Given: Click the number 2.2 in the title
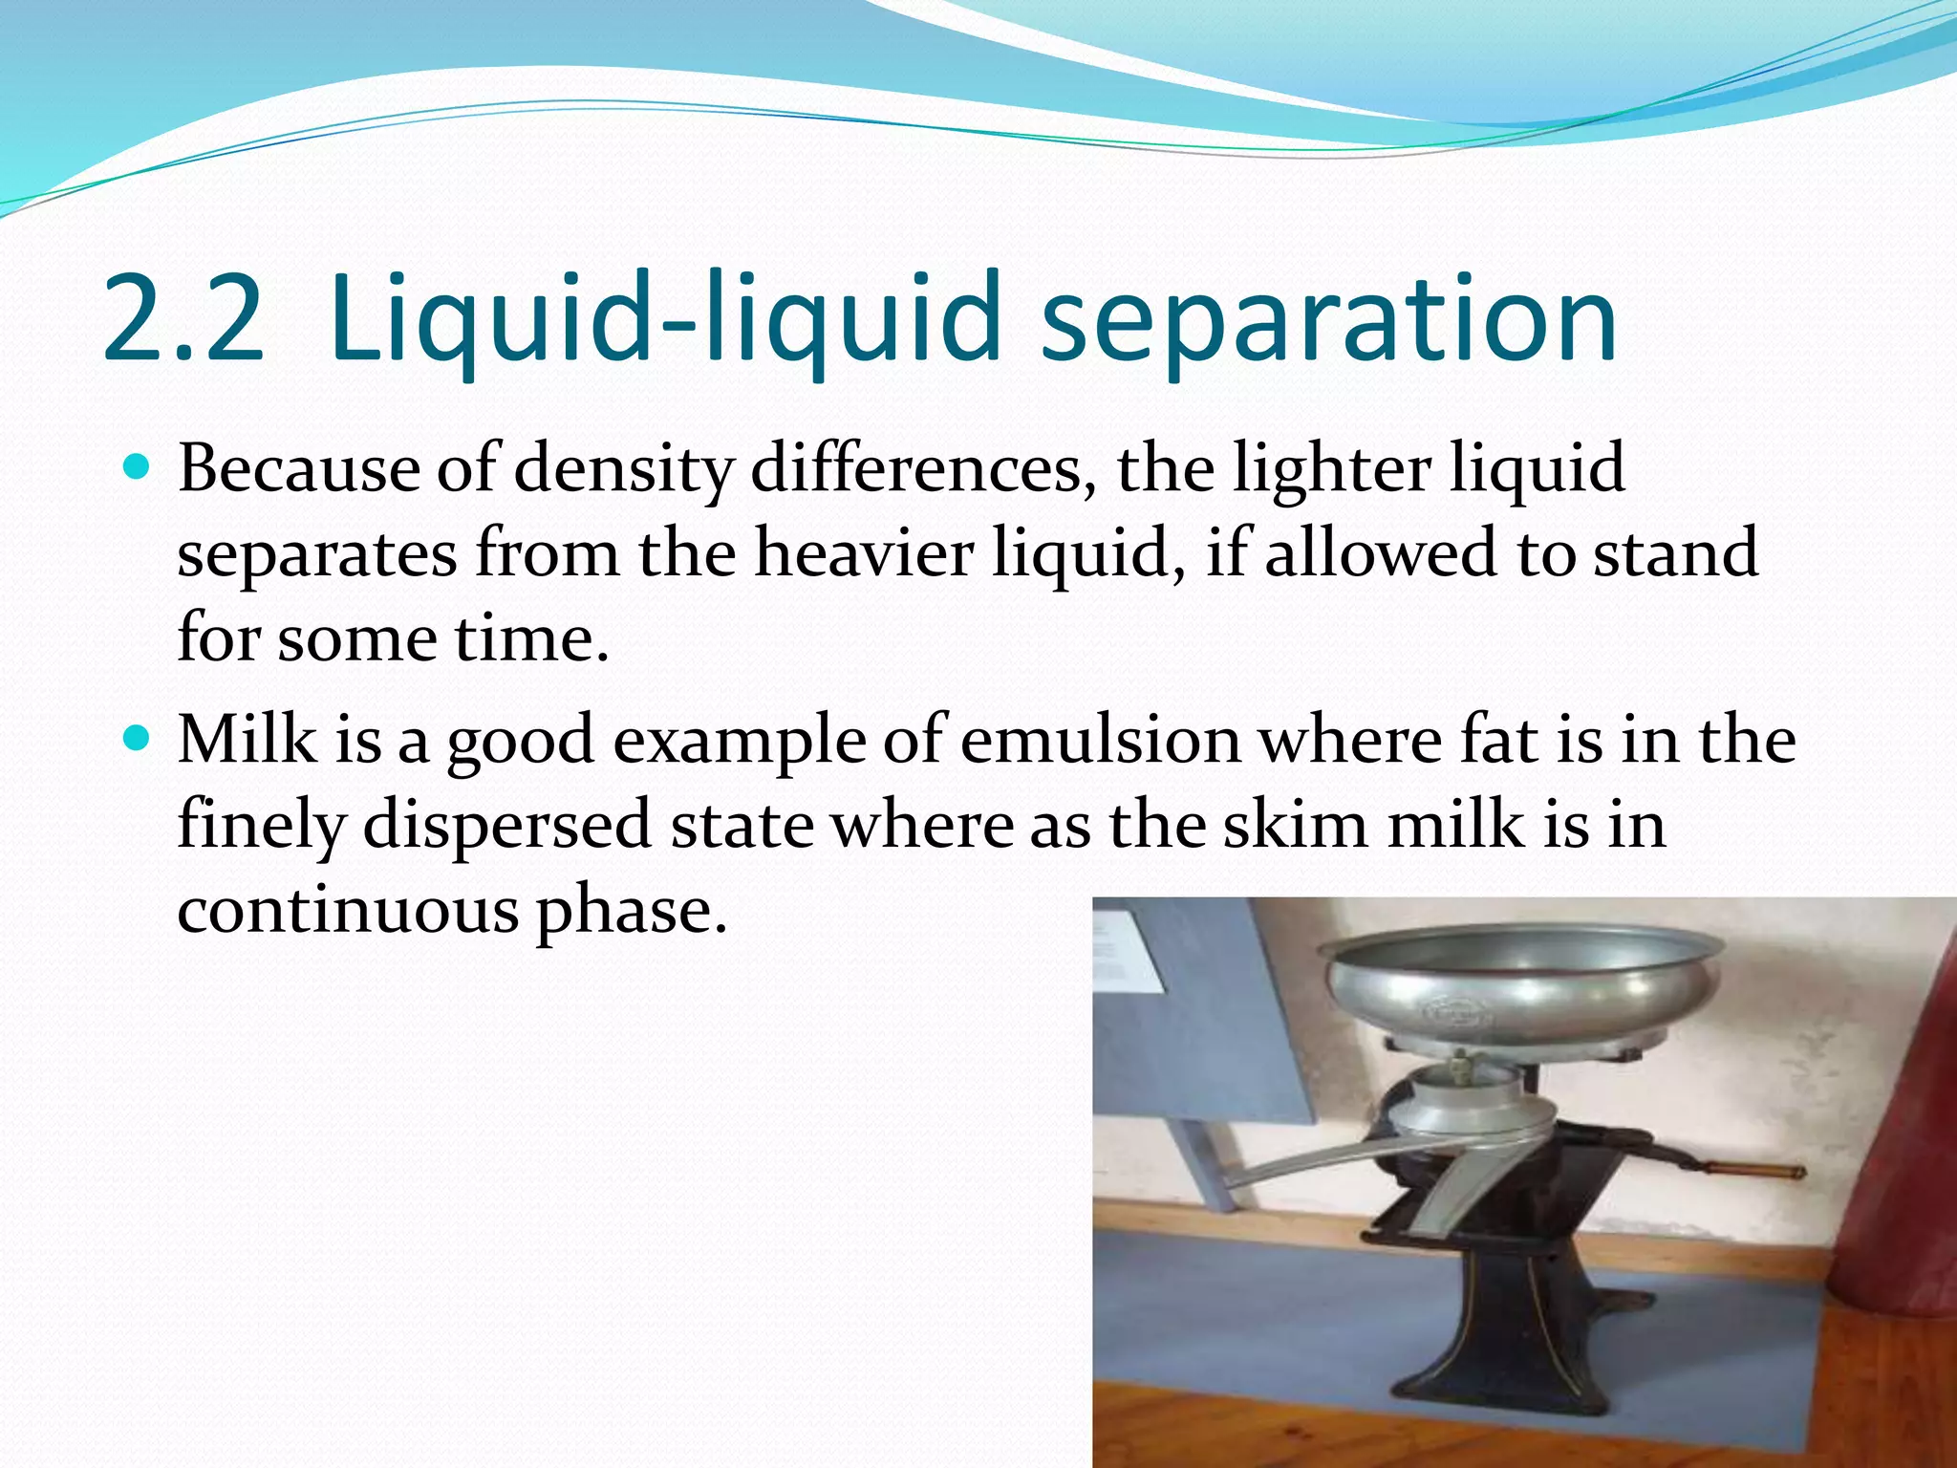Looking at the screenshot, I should [x=182, y=320].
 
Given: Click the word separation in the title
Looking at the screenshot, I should [x=1328, y=320].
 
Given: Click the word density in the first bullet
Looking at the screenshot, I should [x=623, y=470].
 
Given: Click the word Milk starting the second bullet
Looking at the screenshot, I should [x=247, y=740].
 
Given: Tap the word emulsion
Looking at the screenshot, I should [x=1100, y=740].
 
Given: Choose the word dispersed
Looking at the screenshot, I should [x=506, y=824].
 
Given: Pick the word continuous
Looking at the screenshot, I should [x=348, y=909].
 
